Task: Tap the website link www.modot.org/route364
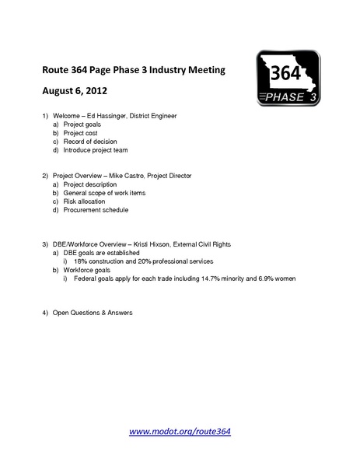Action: coord(180,430)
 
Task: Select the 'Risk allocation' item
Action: coord(85,201)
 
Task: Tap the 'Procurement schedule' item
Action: coord(96,210)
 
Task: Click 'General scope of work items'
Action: coord(104,193)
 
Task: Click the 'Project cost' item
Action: coord(80,133)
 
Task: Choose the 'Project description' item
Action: coord(90,185)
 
